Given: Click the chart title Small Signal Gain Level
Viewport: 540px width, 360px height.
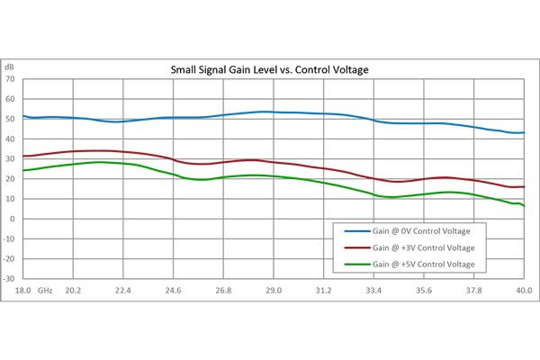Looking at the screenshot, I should (271, 69).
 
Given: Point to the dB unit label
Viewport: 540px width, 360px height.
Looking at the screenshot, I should (10, 67).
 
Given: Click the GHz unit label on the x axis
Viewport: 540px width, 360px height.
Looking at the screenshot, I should (45, 290).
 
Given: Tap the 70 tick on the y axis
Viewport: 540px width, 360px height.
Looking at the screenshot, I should (11, 79).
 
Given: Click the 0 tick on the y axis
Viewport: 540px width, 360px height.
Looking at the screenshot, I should (13, 219).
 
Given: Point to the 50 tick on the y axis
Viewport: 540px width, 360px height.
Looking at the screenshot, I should (11, 119).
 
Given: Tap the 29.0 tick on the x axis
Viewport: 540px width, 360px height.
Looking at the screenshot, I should (274, 290).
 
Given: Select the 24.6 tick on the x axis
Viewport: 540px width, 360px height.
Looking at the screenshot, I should (174, 290).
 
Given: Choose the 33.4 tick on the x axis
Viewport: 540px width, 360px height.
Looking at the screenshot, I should (373, 290).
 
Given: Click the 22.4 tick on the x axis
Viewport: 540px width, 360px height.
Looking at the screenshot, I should (123, 290).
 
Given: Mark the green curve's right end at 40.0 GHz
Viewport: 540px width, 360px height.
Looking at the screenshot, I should (524, 207).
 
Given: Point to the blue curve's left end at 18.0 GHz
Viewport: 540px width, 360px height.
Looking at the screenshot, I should (23, 115).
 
